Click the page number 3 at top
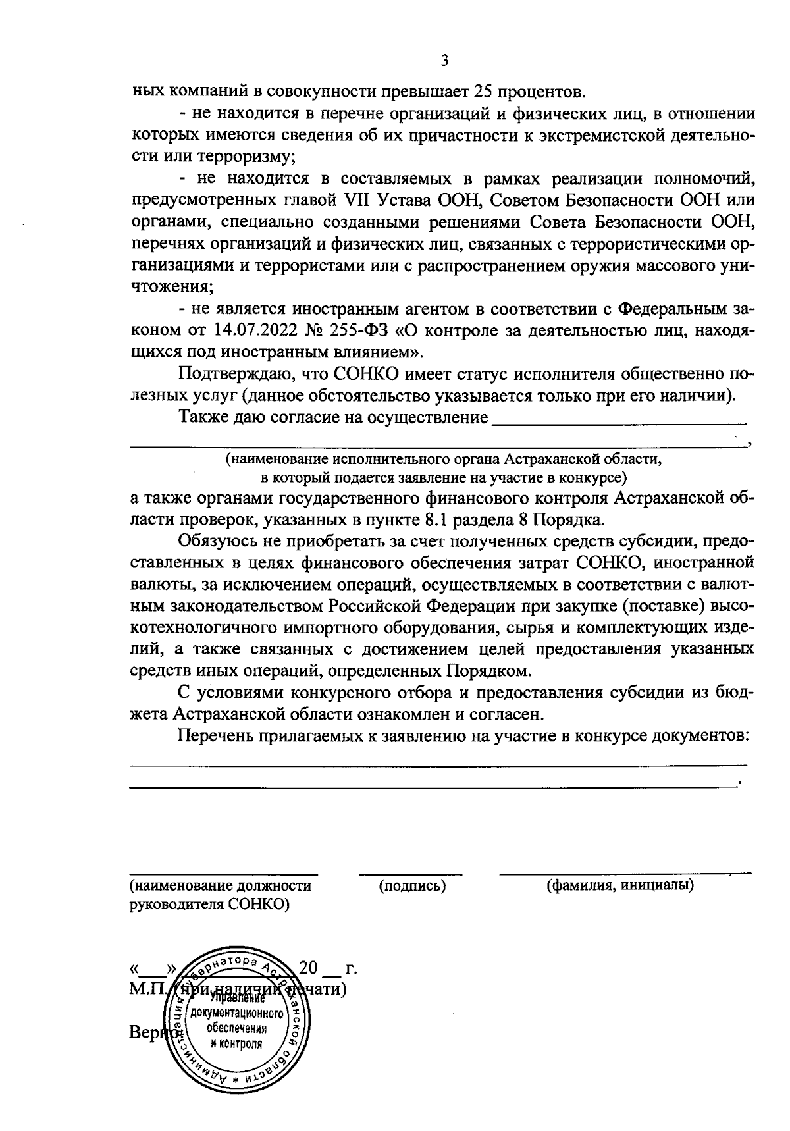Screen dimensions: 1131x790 [x=444, y=61]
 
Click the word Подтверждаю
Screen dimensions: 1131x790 [x=235, y=375]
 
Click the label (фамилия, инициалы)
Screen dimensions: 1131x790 [x=620, y=886]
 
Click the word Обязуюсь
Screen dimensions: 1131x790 [x=215, y=541]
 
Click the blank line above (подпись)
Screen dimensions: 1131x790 [x=410, y=873]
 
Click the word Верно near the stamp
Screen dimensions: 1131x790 [x=149, y=1032]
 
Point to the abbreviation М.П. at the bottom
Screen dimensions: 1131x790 [x=147, y=989]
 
